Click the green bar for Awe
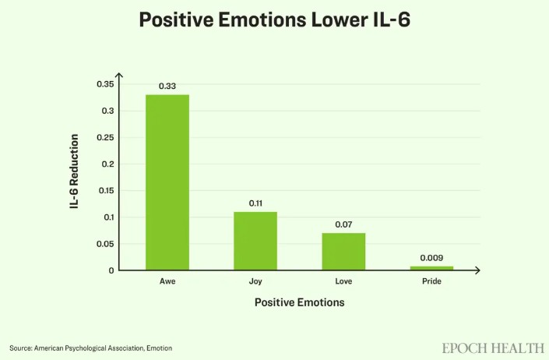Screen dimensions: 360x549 pos(167,182)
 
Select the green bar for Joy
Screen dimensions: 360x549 pos(255,241)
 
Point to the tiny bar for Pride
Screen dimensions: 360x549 pos(431,268)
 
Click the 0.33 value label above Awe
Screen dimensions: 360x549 pos(167,86)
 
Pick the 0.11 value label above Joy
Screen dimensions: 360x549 pos(255,203)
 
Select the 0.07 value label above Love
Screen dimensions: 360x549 pos(343,224)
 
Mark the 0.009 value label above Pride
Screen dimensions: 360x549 pos(431,258)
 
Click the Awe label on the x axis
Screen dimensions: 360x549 pos(167,281)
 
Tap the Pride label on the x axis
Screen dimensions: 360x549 pos(431,281)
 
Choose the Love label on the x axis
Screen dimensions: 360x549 pos(343,281)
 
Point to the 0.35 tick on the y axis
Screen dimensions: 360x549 pos(104,84)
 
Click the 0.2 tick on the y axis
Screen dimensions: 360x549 pos(107,164)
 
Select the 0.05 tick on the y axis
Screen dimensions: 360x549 pos(104,244)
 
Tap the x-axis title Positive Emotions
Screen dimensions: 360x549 pos(300,302)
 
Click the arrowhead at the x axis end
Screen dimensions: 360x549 pos(477,270)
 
